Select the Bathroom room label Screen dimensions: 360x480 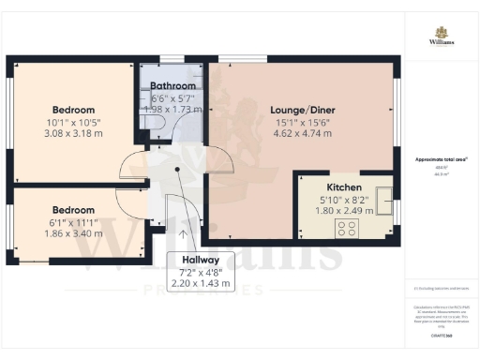point(172,86)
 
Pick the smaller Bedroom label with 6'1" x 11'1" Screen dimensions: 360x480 point(73,209)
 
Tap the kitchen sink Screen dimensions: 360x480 point(383,195)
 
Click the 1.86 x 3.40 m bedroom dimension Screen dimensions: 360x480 point(73,232)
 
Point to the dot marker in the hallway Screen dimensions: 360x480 point(178,171)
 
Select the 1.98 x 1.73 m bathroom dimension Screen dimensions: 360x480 point(172,110)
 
